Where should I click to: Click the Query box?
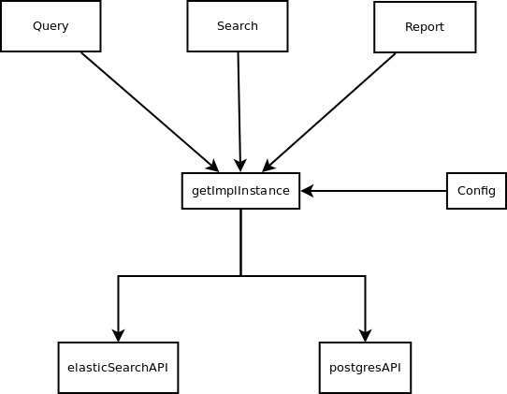[51, 26]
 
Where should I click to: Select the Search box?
[238, 26]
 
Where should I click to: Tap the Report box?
[425, 27]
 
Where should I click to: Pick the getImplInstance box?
[241, 191]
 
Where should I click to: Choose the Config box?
[476, 191]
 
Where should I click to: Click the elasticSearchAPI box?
[119, 368]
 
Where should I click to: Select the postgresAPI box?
[366, 368]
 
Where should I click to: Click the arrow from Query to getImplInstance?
[150, 112]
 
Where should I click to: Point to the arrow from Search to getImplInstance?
[239, 112]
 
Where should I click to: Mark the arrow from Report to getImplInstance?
[329, 112]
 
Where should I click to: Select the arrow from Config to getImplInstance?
[374, 191]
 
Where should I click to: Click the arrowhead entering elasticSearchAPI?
[119, 336]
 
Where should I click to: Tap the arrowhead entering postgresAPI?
[366, 336]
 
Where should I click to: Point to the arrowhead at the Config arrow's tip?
[307, 191]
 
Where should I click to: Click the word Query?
[51, 26]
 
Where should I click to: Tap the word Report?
[425, 27]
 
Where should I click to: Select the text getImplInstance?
[240, 191]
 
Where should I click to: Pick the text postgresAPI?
[365, 368]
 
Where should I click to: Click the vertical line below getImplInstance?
[241, 242]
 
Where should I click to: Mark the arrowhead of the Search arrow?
[240, 166]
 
